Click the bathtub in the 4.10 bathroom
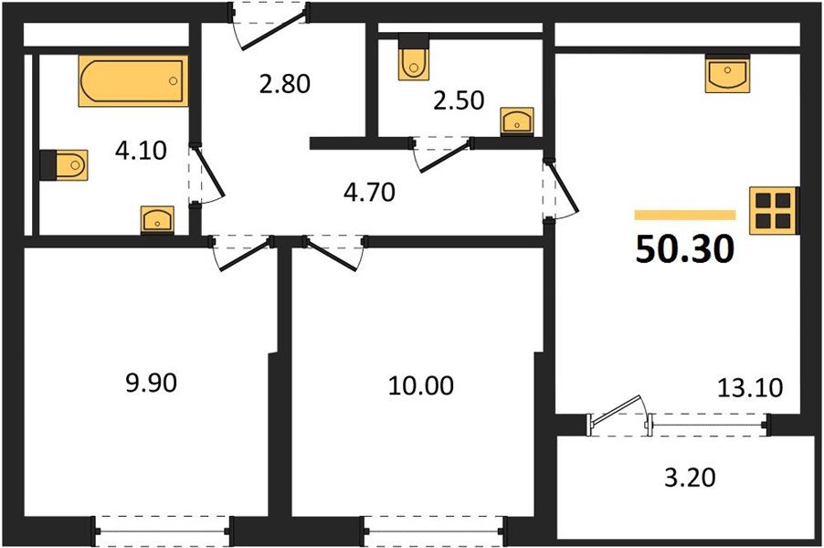click(132, 81)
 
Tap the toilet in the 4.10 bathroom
click(64, 164)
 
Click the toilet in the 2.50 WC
click(415, 58)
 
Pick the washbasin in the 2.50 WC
click(517, 121)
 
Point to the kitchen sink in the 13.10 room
click(727, 73)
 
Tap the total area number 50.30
click(685, 249)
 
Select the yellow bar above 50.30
click(685, 216)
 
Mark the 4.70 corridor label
click(364, 195)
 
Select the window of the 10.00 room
click(433, 527)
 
